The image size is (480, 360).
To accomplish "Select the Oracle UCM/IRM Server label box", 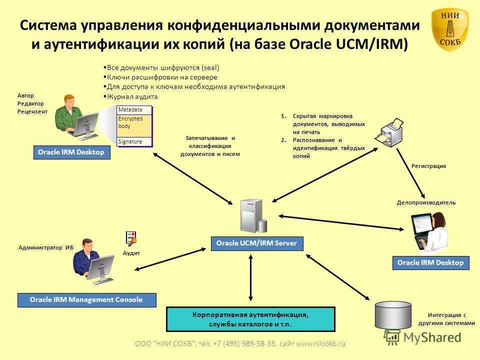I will tap(256, 243).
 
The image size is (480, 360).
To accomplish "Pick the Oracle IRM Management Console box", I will tap(86, 299).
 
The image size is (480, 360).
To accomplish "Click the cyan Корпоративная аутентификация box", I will tap(250, 319).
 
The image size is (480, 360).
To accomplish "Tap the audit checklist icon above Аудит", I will tap(131, 238).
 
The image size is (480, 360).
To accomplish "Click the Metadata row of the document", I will tap(134, 110).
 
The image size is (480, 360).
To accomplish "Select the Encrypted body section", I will tap(134, 124).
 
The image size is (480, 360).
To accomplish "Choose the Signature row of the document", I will tap(134, 141).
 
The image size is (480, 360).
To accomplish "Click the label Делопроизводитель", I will tap(426, 202).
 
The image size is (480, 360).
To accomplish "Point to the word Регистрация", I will tap(428, 165).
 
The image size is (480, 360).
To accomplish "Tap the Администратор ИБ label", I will tap(45, 247).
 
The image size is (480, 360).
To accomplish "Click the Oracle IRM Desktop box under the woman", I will tap(430, 262).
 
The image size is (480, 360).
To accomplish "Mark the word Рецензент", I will tap(32, 111).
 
